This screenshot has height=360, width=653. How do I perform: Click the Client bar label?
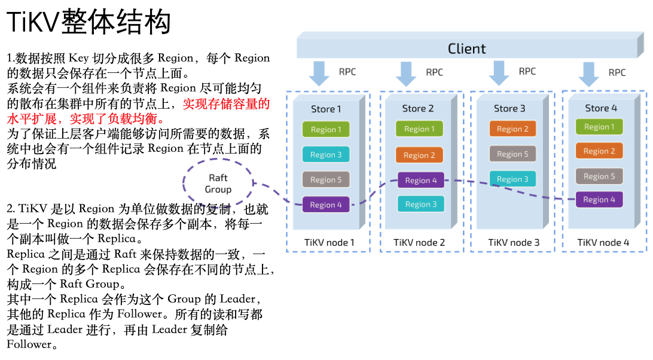(466, 48)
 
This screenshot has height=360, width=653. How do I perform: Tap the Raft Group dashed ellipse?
(218, 183)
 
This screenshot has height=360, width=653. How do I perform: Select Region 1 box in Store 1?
(326, 130)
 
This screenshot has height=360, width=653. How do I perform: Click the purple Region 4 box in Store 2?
(420, 180)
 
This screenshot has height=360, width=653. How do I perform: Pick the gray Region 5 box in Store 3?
(512, 154)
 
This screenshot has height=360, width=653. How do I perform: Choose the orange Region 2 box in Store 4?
(599, 151)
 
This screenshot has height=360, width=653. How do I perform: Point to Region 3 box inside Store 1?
(326, 155)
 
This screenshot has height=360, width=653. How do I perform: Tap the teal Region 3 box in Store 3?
(512, 179)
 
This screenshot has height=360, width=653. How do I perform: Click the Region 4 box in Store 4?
(599, 200)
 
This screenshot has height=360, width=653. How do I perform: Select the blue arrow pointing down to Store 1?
(319, 73)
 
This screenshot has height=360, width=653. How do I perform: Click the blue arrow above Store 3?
(499, 72)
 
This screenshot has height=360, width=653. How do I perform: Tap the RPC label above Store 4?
(617, 72)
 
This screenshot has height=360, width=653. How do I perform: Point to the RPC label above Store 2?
(434, 72)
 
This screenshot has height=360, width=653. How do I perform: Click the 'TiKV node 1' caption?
(329, 242)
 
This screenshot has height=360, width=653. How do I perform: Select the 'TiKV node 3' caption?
(514, 242)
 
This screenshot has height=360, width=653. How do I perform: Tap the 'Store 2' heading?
(418, 108)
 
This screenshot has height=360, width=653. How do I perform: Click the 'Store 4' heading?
(601, 108)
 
